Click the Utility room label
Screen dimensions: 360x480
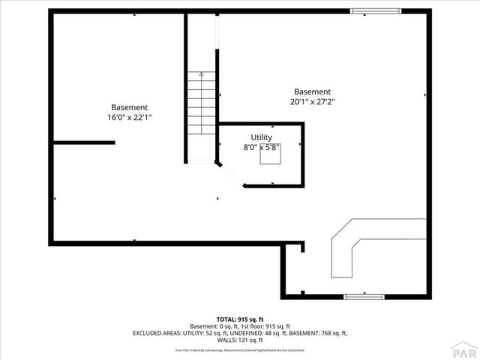262,137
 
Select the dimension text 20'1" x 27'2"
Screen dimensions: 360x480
312,102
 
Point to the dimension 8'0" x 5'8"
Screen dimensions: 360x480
262,147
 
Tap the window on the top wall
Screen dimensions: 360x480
376,10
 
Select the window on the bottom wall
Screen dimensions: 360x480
365,296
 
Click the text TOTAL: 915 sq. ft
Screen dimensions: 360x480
240,319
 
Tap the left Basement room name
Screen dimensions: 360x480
130,107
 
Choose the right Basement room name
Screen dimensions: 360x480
312,91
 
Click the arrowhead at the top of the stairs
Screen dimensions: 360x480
201,75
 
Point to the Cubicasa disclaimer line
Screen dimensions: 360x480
240,349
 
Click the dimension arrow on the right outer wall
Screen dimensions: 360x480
425,95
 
